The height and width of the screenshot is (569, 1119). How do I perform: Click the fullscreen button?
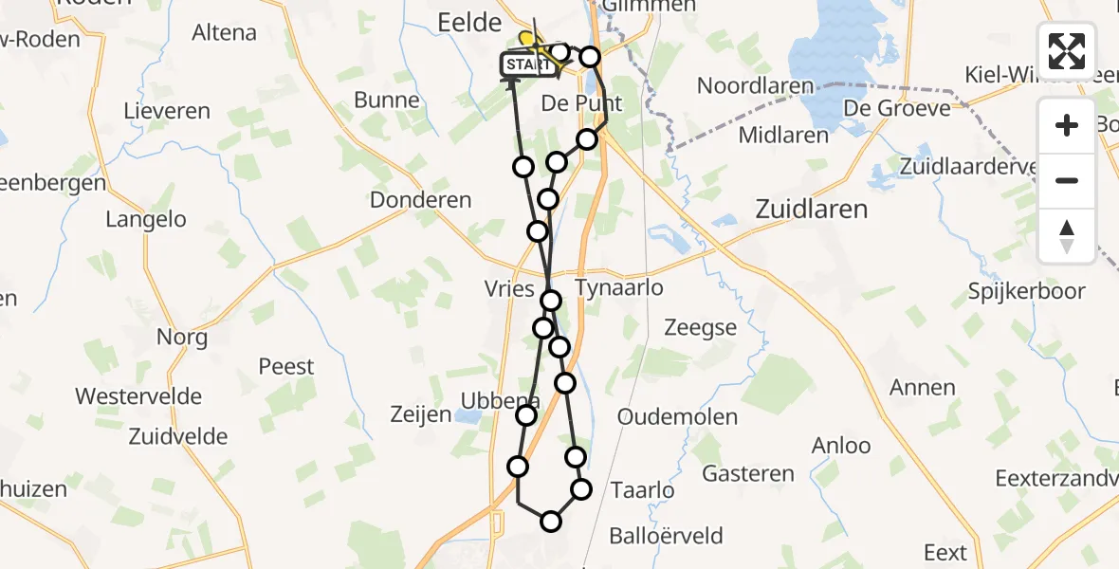coord(1067,50)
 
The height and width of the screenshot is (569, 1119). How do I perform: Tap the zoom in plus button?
coord(1067,125)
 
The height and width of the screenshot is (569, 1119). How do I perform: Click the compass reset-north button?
coord(1067,236)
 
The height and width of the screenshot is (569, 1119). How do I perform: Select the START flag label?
coord(527,64)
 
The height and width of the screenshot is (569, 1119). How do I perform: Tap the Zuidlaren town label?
coord(811,209)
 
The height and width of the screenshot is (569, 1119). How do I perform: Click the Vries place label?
coord(510,289)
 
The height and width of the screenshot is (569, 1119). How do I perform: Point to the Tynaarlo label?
coord(619,287)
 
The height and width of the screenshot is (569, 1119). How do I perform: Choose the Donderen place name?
coord(421,200)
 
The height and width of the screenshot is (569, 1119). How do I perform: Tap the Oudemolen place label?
coord(677,417)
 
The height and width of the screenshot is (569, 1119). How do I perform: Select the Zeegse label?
coord(700,328)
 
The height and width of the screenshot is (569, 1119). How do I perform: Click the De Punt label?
coord(580,102)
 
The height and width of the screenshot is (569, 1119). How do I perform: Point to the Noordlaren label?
coord(756,85)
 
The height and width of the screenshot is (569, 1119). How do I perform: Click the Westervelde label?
coord(138,395)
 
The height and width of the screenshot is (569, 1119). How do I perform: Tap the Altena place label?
coord(225,32)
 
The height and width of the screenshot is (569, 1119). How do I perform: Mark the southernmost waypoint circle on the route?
coord(551,521)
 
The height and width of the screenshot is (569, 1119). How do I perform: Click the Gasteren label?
coord(748,473)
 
